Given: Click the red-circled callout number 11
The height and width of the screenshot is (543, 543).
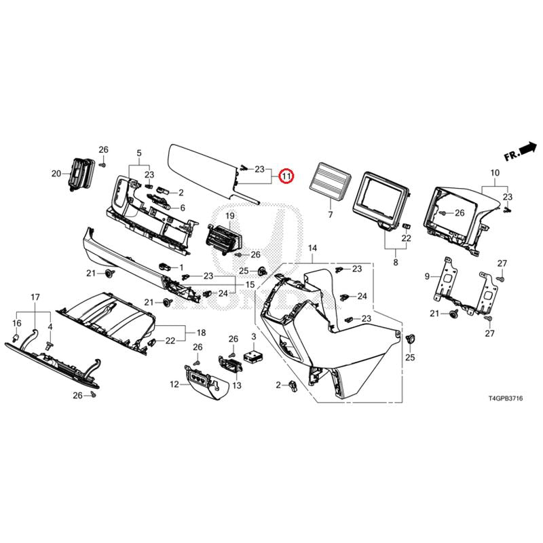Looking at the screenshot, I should (287, 176).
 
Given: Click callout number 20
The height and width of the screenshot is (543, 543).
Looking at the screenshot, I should (56, 174).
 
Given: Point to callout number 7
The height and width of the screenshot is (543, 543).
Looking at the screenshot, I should (331, 214).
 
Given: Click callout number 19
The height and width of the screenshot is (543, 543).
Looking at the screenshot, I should (229, 216).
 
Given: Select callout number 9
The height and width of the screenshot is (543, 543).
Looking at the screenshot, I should (428, 276).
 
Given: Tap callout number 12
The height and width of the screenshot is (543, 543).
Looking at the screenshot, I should (174, 384).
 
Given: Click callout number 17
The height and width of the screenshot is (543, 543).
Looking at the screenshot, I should (35, 297).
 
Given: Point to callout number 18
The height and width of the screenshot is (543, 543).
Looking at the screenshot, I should (201, 333).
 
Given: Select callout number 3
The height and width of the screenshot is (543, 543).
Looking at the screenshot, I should (253, 337).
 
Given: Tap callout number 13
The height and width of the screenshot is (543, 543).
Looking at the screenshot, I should (237, 386).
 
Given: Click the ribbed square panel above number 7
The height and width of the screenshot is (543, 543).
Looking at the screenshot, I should (331, 181).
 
